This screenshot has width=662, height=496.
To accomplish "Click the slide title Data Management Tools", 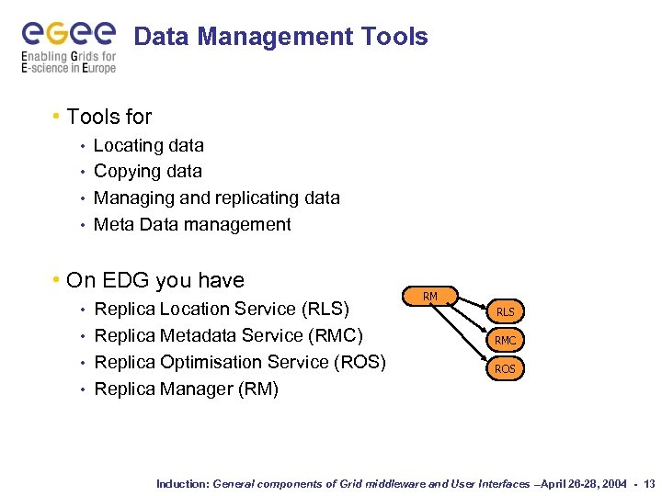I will (280, 37).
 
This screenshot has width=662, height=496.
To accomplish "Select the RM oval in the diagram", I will (429, 296).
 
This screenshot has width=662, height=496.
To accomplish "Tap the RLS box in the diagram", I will (505, 311).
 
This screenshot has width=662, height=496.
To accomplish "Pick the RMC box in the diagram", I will (505, 340).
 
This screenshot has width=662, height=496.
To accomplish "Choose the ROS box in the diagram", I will (505, 368).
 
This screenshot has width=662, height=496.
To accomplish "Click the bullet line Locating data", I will (149, 145).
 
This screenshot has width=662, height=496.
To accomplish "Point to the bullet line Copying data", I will (148, 171).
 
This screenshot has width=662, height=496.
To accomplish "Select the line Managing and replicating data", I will (217, 197).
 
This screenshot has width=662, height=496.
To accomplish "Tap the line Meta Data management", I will (192, 224).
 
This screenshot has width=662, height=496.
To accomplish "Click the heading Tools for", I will (108, 117).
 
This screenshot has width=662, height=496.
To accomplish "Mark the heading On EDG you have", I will (155, 280).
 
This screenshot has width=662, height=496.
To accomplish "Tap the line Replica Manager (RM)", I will (187, 389).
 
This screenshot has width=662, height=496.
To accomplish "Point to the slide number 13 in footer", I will (650, 483).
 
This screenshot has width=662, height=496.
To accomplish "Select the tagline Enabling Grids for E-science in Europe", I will (68, 62).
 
